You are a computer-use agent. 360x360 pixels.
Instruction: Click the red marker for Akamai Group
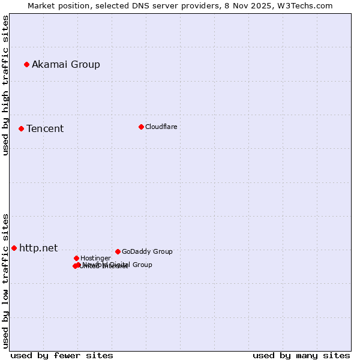[26, 64]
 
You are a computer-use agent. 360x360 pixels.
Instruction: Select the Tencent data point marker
[21, 128]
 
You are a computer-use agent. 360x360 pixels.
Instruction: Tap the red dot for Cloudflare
[141, 127]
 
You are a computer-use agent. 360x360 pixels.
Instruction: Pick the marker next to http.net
[14, 248]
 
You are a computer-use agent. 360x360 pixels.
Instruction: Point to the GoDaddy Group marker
[118, 251]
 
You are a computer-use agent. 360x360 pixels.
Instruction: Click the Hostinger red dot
[76, 258]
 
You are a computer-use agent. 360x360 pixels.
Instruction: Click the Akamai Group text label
[66, 64]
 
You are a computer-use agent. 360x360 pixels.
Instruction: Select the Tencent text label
[45, 128]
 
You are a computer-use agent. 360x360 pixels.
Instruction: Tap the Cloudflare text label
[161, 127]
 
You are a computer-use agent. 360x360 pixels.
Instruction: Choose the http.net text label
[38, 248]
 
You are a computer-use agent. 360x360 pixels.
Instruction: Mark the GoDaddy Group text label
[147, 251]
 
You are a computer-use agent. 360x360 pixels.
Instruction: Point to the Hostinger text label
[95, 258]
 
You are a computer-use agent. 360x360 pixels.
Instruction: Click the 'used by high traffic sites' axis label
[6, 85]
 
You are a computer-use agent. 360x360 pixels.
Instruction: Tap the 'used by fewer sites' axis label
[62, 355]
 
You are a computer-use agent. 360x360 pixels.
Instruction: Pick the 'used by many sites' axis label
[301, 355]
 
